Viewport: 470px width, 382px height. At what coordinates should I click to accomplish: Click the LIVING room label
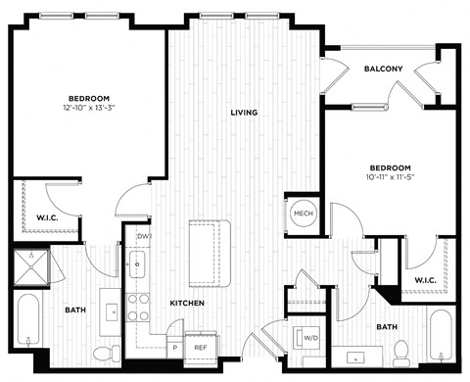[244, 113]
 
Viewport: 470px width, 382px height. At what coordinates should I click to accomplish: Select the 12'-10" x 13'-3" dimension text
[86, 107]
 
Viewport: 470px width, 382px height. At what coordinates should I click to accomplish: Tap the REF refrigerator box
[200, 347]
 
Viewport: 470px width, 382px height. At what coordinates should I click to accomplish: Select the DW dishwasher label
[143, 237]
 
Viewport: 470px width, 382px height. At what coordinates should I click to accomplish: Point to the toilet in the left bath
[116, 350]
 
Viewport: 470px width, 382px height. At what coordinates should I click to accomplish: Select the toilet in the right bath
[399, 349]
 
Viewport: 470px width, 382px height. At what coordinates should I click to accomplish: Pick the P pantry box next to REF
[176, 347]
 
